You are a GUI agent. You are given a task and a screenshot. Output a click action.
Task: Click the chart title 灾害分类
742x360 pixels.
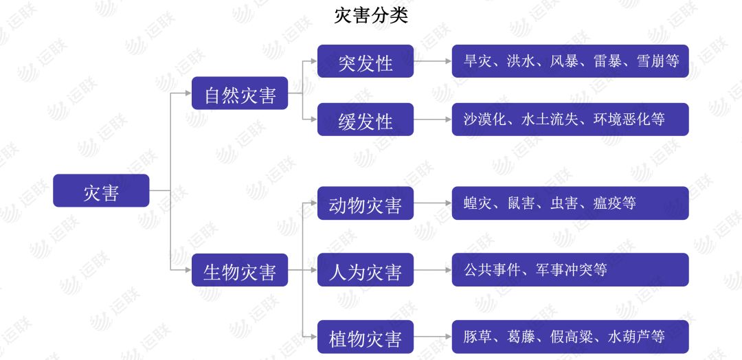371,16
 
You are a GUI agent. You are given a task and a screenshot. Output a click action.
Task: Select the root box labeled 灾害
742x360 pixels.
101,190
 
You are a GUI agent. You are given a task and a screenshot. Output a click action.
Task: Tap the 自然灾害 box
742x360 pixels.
240,93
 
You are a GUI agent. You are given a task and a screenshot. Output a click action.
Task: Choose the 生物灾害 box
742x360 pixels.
240,269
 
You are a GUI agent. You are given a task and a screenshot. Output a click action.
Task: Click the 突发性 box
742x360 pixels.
366,61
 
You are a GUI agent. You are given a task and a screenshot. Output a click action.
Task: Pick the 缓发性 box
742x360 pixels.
366,120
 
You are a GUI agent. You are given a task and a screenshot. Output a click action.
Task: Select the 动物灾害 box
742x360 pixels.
366,203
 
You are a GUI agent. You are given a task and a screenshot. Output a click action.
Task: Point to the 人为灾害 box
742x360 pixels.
366,269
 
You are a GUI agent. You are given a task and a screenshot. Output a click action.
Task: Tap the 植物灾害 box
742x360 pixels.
366,337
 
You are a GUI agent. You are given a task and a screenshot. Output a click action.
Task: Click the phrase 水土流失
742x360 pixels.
550,120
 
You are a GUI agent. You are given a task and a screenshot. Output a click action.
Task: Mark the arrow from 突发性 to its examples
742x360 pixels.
433,61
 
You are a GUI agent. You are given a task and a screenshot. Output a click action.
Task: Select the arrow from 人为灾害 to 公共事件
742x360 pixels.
433,269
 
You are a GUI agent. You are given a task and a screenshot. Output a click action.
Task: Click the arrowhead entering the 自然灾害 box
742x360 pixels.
188,93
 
